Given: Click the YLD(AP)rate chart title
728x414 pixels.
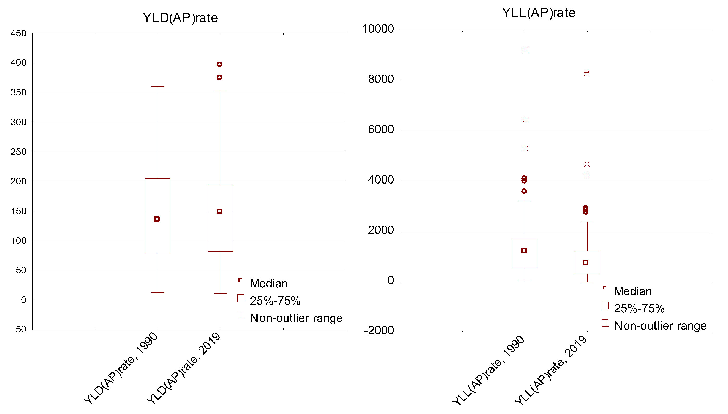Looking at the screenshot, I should tap(180, 18).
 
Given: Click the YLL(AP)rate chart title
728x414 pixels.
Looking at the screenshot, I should tap(539, 13).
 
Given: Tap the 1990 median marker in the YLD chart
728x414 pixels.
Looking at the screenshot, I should tap(157, 219).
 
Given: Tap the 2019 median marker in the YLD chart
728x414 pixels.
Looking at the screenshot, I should tap(219, 211).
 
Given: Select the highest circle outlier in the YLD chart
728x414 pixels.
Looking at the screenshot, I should tap(219, 65).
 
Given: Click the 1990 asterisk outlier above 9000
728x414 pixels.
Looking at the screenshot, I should tap(525, 50).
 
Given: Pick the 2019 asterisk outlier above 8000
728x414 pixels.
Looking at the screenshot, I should tap(586, 73).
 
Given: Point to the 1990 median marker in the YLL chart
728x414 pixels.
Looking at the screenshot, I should tap(524, 251).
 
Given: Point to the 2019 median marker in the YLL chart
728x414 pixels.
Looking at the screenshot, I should tap(585, 263).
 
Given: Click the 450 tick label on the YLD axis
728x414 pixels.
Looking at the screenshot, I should tap(19, 33).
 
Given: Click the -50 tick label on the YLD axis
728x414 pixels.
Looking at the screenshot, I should tap(20, 329).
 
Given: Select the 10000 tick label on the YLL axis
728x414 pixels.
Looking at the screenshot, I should tap(377, 29).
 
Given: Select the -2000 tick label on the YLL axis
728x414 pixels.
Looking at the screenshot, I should tap(379, 330).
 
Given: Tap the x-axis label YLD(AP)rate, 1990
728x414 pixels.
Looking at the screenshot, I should tap(121, 368).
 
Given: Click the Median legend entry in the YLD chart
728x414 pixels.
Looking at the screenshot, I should tap(269, 283).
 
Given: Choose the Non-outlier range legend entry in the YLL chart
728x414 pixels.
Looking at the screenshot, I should tap(660, 326).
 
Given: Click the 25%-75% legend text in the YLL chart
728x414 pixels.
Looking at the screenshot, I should tap(639, 308).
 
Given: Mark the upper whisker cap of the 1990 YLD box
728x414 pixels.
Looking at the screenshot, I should tap(158, 87).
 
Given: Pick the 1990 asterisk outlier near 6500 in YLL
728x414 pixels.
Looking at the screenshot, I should tap(525, 119).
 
